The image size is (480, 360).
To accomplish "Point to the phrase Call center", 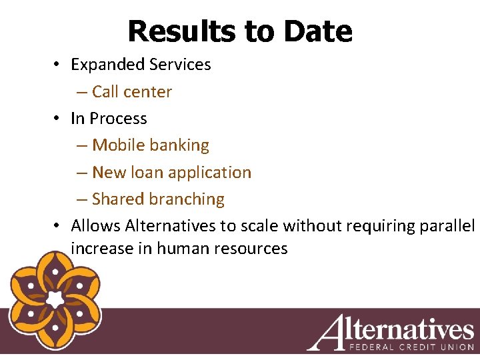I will point(132,92).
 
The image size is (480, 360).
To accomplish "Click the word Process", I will point(118,119).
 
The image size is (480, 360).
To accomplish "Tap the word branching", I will point(187,199).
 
